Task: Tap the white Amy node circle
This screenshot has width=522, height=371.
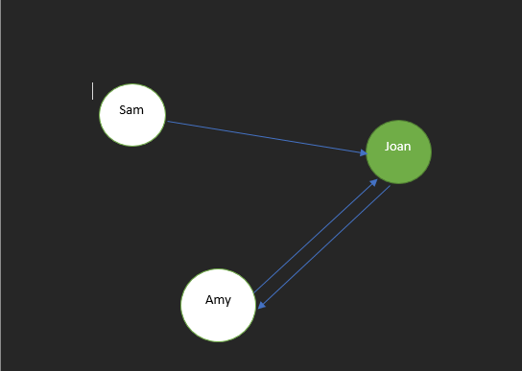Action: (219, 316)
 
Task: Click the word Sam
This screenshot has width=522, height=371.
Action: (131, 109)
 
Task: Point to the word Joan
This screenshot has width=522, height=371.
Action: (398, 147)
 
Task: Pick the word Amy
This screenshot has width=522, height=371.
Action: (218, 300)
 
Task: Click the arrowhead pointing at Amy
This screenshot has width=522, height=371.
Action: (261, 305)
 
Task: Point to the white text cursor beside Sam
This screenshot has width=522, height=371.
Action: (93, 91)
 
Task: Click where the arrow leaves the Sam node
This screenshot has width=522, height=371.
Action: (168, 122)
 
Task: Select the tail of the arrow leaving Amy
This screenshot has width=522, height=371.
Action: (254, 290)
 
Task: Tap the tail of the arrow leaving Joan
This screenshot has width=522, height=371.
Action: (390, 186)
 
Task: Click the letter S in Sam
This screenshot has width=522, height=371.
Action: (123, 109)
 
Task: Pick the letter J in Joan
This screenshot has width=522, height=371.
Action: (387, 147)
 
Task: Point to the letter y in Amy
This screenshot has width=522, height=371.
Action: (227, 301)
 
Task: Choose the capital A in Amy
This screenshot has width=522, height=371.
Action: (209, 300)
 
